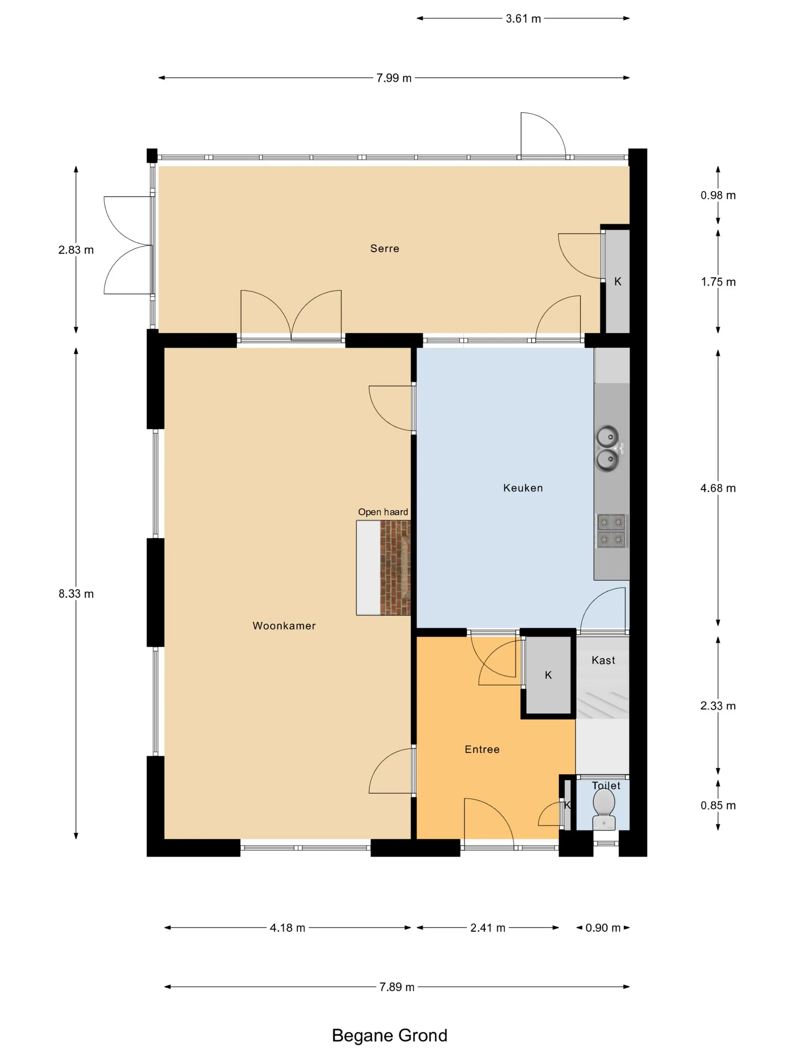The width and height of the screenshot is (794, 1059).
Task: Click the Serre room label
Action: [384, 248]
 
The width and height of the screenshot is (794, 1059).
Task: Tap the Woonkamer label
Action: [284, 626]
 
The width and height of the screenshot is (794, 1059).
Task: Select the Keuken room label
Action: [523, 488]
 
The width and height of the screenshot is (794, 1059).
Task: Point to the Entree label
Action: [482, 749]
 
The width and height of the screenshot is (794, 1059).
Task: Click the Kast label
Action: [603, 660]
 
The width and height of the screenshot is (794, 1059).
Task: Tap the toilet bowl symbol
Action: [604, 809]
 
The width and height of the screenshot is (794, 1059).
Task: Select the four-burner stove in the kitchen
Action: [611, 531]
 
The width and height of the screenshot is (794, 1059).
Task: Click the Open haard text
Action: [383, 512]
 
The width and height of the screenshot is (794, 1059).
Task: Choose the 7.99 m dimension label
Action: [394, 78]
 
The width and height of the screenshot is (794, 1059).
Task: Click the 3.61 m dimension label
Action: [523, 19]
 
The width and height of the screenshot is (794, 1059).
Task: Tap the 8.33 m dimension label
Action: [76, 594]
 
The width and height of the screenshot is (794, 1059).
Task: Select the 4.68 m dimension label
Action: [718, 488]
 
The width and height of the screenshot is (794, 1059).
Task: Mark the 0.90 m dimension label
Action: [603, 928]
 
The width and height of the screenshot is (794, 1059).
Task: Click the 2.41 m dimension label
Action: [488, 928]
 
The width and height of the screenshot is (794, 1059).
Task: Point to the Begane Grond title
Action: [389, 1036]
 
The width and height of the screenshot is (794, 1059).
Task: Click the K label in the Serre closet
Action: [617, 281]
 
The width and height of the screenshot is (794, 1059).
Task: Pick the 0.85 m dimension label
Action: [718, 805]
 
